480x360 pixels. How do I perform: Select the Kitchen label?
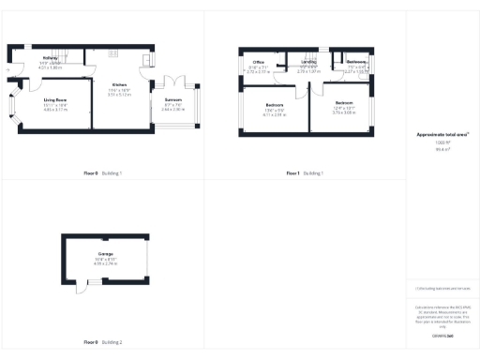[x=119, y=83]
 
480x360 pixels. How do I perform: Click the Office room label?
[x=258, y=63]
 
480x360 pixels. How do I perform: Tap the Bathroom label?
[x=354, y=63]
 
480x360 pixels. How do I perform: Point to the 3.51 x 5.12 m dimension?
[x=119, y=95]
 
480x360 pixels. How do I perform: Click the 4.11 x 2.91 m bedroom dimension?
[x=274, y=114]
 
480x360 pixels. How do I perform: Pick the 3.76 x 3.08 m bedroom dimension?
[x=344, y=112]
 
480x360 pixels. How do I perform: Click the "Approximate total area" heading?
[x=442, y=134]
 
